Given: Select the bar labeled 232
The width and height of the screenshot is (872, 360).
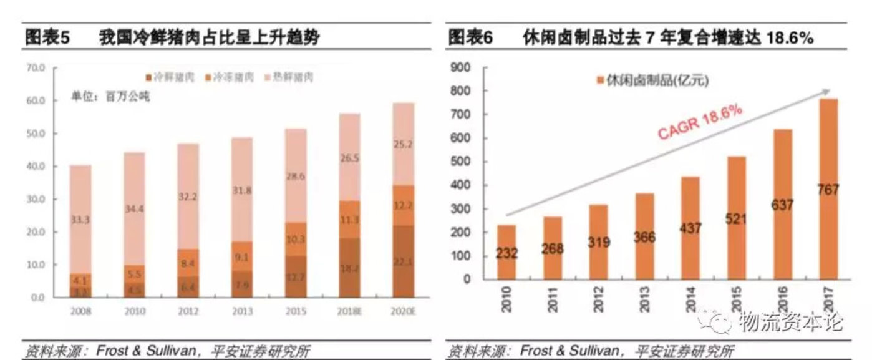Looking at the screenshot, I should [x=506, y=252].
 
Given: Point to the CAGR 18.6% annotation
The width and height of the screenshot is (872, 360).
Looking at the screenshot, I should [x=700, y=122].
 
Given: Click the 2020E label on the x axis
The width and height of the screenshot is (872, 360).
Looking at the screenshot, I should [x=402, y=311].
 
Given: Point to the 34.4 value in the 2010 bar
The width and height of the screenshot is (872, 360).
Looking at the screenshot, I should [x=133, y=209].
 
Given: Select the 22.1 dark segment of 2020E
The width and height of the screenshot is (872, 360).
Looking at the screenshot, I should [x=403, y=261].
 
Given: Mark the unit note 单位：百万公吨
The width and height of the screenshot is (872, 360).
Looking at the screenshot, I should [x=110, y=97].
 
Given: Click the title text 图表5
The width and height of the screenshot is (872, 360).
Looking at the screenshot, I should [x=47, y=38].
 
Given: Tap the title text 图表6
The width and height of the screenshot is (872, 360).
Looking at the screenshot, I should [x=471, y=38].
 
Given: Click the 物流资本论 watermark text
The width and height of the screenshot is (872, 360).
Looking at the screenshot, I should [x=789, y=322].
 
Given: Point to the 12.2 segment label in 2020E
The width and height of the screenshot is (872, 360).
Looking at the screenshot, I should [x=403, y=205].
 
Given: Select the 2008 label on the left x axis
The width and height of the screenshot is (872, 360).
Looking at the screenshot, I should [x=80, y=311].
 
